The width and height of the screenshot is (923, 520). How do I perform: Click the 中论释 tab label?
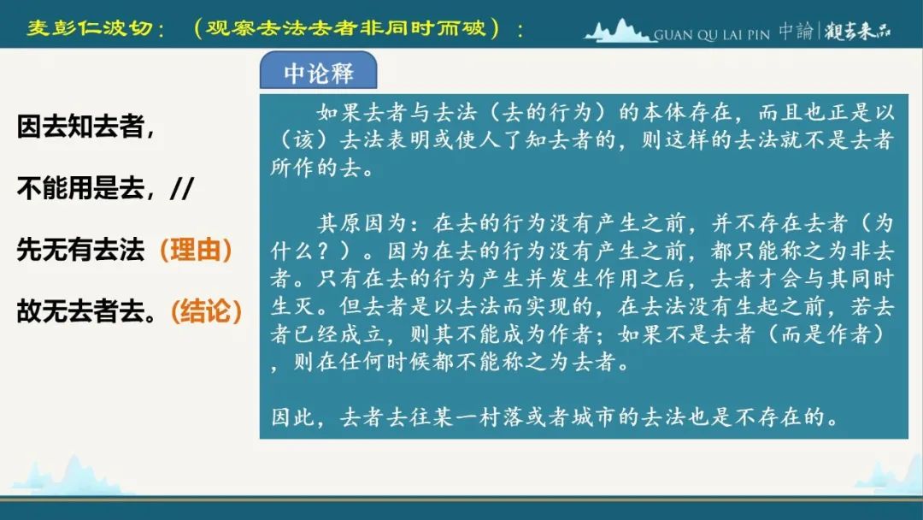click(x=319, y=74)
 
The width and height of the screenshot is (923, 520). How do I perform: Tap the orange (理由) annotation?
click(x=196, y=250)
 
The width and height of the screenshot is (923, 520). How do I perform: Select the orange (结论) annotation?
click(x=206, y=311)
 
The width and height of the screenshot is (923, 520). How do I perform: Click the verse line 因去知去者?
click(x=80, y=126)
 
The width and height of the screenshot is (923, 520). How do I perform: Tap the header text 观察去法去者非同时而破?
click(x=346, y=27)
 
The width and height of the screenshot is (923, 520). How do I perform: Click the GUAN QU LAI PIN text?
click(x=712, y=35)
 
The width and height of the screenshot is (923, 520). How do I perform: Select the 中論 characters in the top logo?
click(x=796, y=31)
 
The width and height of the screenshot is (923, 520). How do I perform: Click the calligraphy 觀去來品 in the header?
click(x=858, y=31)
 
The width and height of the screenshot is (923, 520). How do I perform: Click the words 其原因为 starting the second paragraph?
click(x=363, y=223)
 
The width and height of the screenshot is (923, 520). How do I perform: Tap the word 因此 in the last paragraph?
click(x=294, y=417)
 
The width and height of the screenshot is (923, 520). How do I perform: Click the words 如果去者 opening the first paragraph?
click(x=362, y=112)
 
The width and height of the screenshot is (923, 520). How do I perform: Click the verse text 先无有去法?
click(x=80, y=250)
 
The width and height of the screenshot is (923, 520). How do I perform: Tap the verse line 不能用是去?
click(x=80, y=188)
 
